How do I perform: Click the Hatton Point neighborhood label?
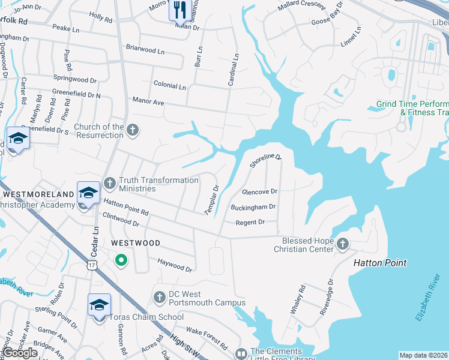tap(379, 263)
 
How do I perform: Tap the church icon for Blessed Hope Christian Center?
tap(342, 243)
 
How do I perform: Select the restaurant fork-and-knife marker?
tap(179, 8)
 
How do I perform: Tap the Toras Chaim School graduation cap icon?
tap(99, 305)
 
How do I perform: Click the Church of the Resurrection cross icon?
tap(133, 129)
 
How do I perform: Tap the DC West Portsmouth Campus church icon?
tap(159, 296)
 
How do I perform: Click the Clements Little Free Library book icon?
tap(241, 355)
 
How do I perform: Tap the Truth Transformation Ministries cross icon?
tap(109, 182)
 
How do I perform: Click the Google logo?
tap(20, 353)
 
